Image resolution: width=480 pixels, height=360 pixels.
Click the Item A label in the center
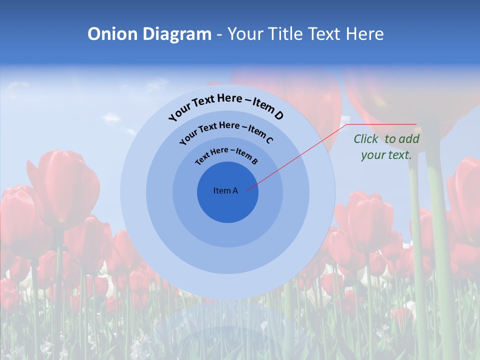tap(225, 190)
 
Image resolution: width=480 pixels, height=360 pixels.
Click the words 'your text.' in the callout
tap(386, 155)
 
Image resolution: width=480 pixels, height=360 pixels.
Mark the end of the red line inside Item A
tap(247, 190)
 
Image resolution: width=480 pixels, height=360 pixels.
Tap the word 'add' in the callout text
tap(410, 139)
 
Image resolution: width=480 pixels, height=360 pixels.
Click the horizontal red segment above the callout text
tap(382, 124)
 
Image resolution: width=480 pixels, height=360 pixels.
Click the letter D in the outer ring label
tap(278, 116)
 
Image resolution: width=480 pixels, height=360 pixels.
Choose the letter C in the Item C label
tap(269, 140)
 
